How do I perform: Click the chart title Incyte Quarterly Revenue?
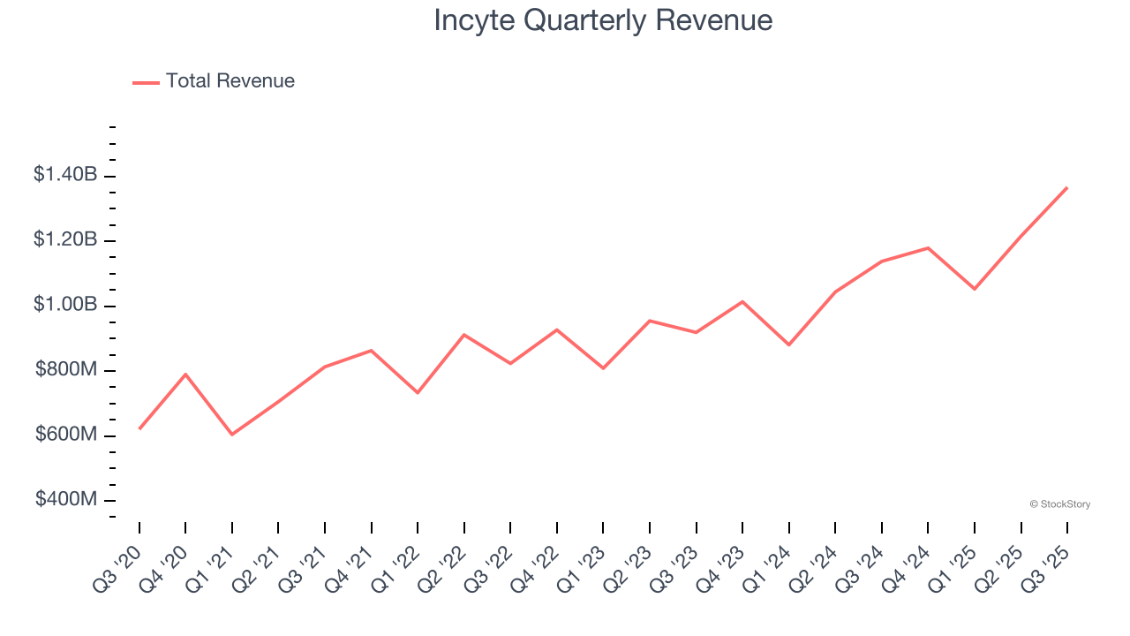tap(603, 20)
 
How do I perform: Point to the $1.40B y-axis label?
tap(65, 175)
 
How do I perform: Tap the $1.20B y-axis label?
tap(65, 239)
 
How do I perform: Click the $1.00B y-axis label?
tap(65, 305)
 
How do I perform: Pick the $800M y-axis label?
tap(66, 369)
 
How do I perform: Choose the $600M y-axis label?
tap(66, 435)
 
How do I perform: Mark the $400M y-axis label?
tap(66, 500)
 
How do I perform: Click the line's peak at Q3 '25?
tap(1067, 187)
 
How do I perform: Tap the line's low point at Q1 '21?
tap(232, 435)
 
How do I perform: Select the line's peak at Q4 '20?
tap(185, 374)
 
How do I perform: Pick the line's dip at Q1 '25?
tap(975, 289)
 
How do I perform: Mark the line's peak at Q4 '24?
tap(928, 247)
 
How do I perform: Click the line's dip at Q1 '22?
tap(418, 392)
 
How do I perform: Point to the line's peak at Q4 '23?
tap(742, 301)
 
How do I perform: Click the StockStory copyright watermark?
tap(1059, 504)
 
